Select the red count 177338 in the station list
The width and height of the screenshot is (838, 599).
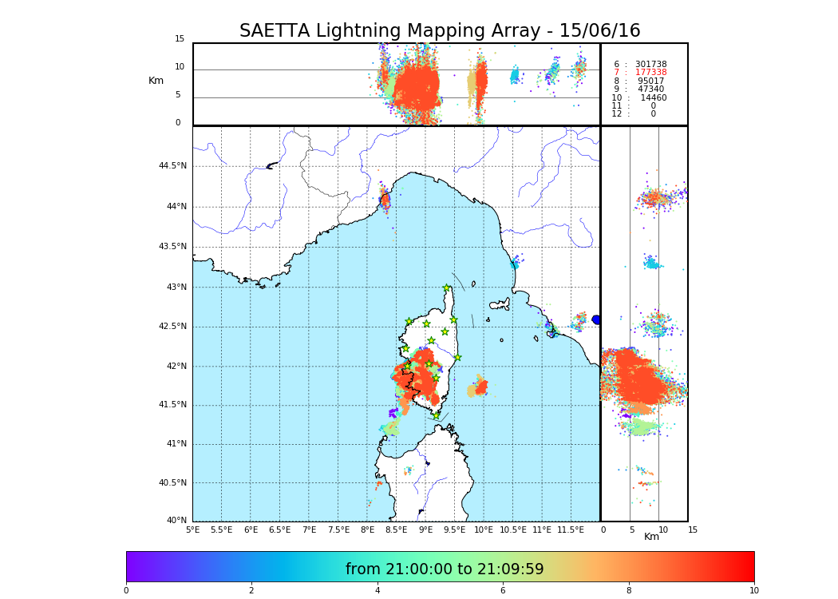[x=650, y=73]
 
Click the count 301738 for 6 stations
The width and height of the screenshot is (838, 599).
[x=650, y=64]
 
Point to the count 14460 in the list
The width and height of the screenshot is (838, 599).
[x=653, y=97]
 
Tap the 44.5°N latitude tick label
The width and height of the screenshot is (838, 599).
[x=172, y=166]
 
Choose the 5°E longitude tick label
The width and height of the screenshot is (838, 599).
[x=193, y=530]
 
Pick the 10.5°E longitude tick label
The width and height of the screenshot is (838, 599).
[x=513, y=530]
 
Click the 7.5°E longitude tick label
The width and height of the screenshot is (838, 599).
[x=338, y=530]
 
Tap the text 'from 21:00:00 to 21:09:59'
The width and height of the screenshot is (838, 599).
[x=445, y=569]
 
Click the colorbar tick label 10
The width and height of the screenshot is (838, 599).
[x=753, y=590]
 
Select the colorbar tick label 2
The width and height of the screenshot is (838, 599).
[x=251, y=590]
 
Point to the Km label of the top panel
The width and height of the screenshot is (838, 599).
[x=156, y=81]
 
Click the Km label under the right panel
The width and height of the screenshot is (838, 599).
[x=651, y=537]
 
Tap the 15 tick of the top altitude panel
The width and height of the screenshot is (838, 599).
[x=180, y=39]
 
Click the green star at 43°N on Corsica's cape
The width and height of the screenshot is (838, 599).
[x=447, y=288]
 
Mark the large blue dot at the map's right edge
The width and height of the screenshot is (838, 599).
[x=596, y=319]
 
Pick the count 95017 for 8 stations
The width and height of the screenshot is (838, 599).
[x=650, y=81]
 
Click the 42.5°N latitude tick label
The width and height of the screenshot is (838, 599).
[x=172, y=326]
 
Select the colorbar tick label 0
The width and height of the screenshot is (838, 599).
[x=126, y=590]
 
